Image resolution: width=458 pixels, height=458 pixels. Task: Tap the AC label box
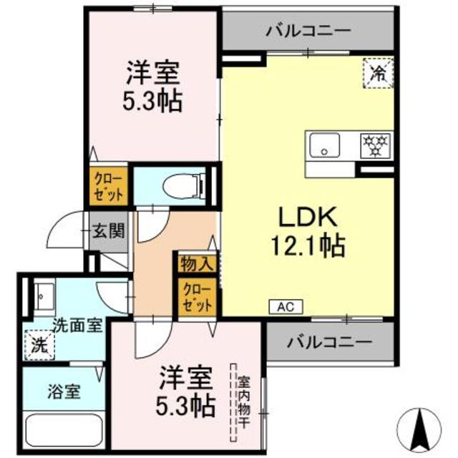(x=286, y=306)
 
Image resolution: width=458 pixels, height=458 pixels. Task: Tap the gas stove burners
(x=375, y=145)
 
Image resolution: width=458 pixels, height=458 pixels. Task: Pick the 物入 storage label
(x=197, y=263)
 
